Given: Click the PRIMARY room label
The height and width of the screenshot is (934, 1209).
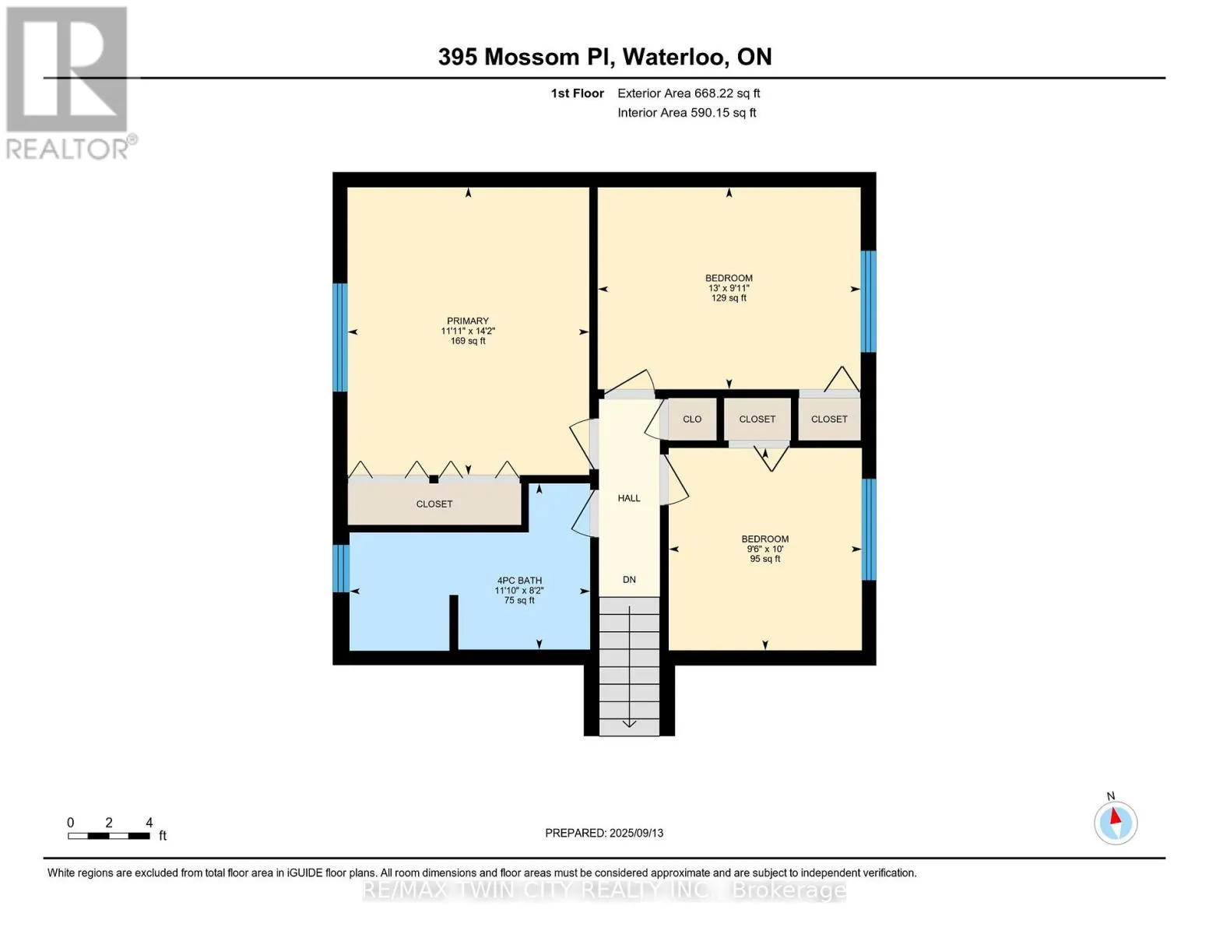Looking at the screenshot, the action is coord(467,321).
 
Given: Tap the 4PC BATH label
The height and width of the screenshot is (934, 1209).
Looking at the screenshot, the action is coord(519,580).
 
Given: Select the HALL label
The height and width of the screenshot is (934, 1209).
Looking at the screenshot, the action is coord(629,498).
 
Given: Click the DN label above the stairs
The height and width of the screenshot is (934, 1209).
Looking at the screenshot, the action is coord(629,579).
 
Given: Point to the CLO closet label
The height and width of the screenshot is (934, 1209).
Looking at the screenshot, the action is coord(692,419).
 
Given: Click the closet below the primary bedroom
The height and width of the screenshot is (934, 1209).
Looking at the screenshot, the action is coord(434,503).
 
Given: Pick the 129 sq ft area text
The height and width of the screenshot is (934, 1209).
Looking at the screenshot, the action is coord(729,297).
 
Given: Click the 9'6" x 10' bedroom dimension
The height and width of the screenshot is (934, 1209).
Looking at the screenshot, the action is coord(765,549).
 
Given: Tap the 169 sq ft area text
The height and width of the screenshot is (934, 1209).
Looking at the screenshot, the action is coord(468,340).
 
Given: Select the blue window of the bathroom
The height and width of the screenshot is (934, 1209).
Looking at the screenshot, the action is coord(340,568).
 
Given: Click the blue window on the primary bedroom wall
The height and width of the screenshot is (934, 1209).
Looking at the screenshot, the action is coord(340,337).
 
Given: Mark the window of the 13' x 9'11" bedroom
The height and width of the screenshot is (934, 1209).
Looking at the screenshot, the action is coord(868,301).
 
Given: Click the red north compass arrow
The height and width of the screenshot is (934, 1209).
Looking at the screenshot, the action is coord(1115,816).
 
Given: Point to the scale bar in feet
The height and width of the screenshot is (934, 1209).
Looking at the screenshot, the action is coord(109,835).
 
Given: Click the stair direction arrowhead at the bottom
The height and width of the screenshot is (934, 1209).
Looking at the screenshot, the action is coord(629,724).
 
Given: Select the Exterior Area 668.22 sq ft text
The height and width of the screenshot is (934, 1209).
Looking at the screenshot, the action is coord(689,93).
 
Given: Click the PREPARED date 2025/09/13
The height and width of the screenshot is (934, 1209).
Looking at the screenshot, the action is coord(637,833).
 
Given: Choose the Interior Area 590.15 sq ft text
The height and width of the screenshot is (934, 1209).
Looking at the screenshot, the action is coord(687,112).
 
